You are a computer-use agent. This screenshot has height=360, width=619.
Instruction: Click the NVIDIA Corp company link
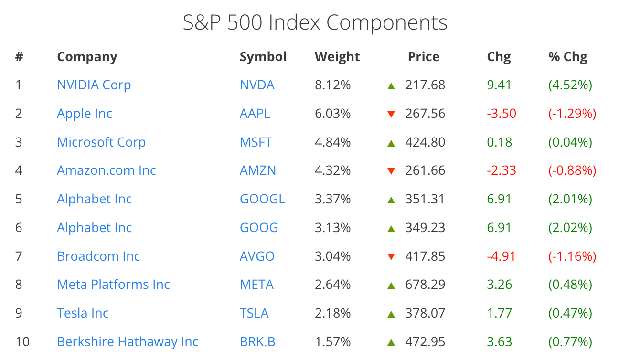[94, 85]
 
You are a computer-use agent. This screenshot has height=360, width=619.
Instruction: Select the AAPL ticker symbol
[255, 114]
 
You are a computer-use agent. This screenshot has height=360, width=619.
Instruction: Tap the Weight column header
[337, 57]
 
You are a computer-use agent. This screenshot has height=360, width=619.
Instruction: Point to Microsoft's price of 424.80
[425, 142]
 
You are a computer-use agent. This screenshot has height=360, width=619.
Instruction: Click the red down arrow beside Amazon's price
[391, 171]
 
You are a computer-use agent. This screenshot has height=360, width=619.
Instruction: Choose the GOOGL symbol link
[262, 199]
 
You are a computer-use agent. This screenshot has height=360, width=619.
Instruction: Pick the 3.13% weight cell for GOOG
[332, 228]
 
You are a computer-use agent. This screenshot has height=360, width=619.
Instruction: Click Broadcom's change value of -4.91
[502, 256]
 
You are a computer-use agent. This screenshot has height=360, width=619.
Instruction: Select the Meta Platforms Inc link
[113, 285]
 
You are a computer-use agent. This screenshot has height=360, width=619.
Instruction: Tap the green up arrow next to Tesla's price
[391, 314]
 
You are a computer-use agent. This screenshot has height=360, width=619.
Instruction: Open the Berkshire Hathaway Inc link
[128, 342]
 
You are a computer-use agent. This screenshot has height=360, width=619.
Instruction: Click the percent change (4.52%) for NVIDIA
[570, 85]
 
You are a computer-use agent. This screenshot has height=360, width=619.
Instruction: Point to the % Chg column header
[568, 57]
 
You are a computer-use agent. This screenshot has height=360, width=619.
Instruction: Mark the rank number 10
[22, 342]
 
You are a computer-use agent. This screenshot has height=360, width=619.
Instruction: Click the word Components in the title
[386, 23]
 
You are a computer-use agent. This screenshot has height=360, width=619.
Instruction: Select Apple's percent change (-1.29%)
[572, 114]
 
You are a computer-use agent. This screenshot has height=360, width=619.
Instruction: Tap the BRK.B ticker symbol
[257, 342]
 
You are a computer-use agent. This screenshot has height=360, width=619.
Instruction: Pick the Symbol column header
[263, 57]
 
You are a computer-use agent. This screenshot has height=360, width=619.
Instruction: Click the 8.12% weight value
[332, 85]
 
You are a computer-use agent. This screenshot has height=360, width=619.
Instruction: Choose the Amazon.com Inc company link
[107, 170]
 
